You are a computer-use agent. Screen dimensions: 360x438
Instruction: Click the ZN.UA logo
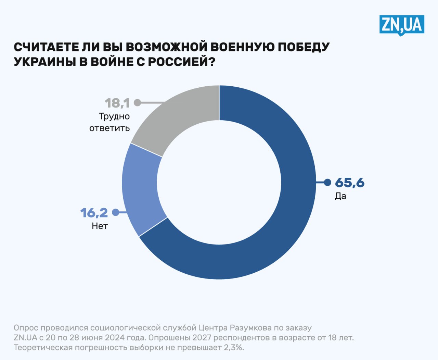point(402,25)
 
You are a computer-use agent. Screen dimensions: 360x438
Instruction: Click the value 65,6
point(350,183)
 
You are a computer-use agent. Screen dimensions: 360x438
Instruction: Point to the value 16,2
point(94,213)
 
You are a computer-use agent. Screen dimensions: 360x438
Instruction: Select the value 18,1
point(117,103)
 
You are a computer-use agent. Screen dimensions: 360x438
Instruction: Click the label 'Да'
point(340,196)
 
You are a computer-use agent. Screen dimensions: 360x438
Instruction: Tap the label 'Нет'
point(100,226)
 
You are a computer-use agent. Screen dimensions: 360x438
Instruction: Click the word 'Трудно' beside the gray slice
point(114,116)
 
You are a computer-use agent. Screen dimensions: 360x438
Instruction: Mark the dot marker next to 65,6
point(327,183)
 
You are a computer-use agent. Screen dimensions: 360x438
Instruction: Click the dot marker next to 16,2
point(116,212)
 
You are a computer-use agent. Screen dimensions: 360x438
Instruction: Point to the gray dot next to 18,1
point(138,102)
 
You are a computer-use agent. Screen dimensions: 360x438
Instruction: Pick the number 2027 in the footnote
point(202,338)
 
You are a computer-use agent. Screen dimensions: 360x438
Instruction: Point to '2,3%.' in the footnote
point(234,348)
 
